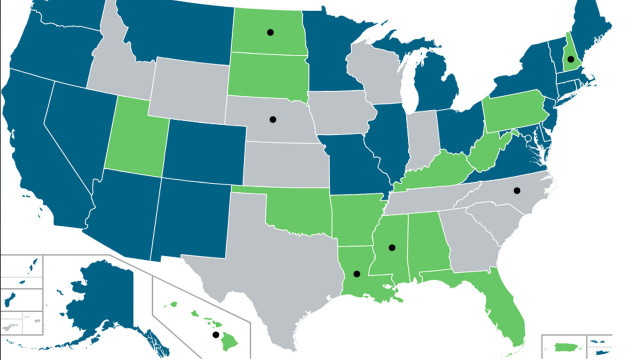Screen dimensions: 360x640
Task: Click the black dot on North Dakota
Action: pos(270,33)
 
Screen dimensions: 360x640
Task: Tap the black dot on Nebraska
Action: pos(272,120)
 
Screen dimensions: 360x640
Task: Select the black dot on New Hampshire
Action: pos(570,60)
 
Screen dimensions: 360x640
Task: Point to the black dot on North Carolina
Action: pos(517,190)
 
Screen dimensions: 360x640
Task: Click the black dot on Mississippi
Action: pos(392,247)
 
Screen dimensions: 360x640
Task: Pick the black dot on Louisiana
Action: pos(356,273)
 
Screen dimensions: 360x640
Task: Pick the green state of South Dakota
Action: pos(265,75)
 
